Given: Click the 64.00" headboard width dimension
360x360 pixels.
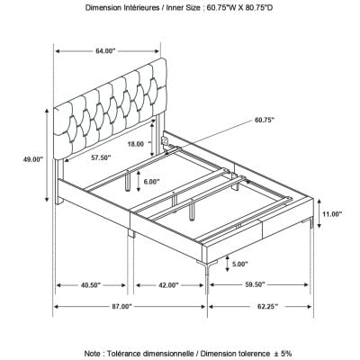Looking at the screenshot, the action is tap(105, 51).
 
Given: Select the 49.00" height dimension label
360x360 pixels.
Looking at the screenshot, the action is tap(33, 159).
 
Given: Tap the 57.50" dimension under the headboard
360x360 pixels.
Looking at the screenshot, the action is tap(101, 157).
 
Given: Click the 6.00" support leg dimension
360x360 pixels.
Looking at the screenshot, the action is tap(151, 181).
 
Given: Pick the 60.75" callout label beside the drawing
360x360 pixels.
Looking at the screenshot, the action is tap(265, 120).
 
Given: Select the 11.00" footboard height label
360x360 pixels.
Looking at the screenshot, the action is tap(332, 214).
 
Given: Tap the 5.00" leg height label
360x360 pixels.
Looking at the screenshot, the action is tap(239, 264).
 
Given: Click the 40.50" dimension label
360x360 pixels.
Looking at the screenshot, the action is tap(90, 285).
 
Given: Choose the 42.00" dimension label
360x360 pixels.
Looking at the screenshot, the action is tap(168, 285).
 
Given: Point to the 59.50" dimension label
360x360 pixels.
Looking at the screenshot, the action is tap(255, 284).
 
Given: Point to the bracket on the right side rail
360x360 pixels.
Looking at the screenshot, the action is tap(165, 140).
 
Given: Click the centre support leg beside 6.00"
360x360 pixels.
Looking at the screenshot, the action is tap(128, 181).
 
